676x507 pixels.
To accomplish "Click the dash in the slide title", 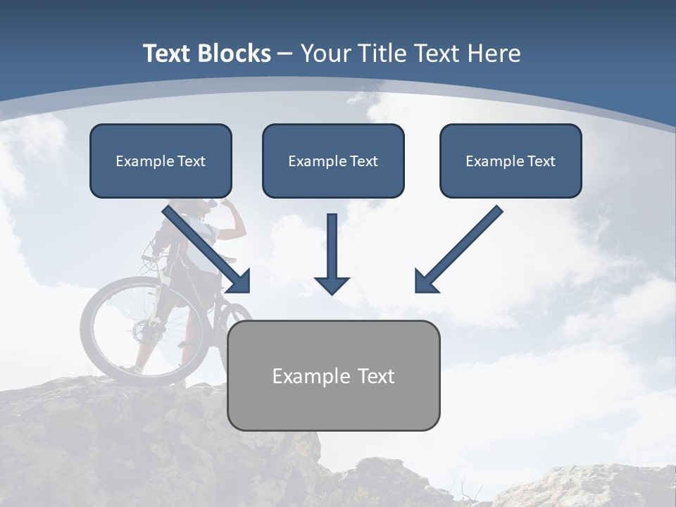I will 285,54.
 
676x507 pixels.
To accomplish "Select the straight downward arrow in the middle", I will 332,246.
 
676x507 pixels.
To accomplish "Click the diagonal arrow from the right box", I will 458,249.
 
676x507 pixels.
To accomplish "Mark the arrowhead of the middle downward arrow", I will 332,284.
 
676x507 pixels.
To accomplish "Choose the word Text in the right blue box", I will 541,161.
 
